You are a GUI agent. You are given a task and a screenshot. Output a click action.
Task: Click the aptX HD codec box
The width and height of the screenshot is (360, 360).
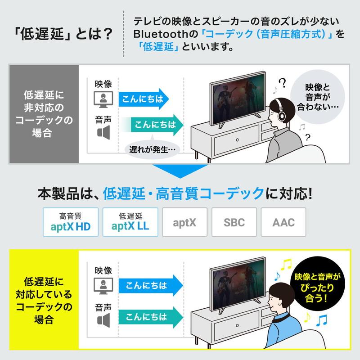coord(71,222)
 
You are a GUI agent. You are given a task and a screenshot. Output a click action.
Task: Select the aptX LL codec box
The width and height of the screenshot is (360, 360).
coord(130,222)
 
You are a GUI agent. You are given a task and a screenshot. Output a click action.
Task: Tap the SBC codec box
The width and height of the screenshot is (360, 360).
coord(234,222)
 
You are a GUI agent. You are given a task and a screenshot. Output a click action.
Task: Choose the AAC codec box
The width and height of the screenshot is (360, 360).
coord(283,222)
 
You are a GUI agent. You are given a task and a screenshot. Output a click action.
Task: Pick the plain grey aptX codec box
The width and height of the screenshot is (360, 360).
coord(184,222)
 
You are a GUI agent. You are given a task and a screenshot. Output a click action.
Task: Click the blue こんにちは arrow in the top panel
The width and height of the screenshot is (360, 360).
coord(144,99)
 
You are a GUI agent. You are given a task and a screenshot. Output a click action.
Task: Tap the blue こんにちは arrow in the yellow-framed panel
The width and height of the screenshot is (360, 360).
coord(151,285)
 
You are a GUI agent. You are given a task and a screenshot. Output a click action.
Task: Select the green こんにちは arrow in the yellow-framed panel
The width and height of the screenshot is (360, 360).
coord(151,317)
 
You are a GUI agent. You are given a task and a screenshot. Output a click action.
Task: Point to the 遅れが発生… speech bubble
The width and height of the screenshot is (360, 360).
coord(152,149)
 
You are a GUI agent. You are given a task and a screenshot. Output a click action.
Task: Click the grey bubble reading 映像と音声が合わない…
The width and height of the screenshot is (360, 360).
coord(318,97)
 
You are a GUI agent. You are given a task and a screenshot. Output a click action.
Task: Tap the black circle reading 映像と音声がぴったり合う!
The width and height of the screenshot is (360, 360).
coord(318,283)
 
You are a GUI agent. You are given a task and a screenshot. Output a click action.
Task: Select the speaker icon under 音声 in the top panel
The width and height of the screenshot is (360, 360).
coord(103,132)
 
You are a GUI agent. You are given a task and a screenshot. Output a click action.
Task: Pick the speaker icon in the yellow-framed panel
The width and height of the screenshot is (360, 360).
coord(103,320)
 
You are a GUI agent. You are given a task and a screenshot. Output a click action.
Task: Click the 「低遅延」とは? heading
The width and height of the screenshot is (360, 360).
coord(63,34)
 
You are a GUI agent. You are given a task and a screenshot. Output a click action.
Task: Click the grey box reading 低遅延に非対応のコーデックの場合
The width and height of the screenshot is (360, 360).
coord(44,114)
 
